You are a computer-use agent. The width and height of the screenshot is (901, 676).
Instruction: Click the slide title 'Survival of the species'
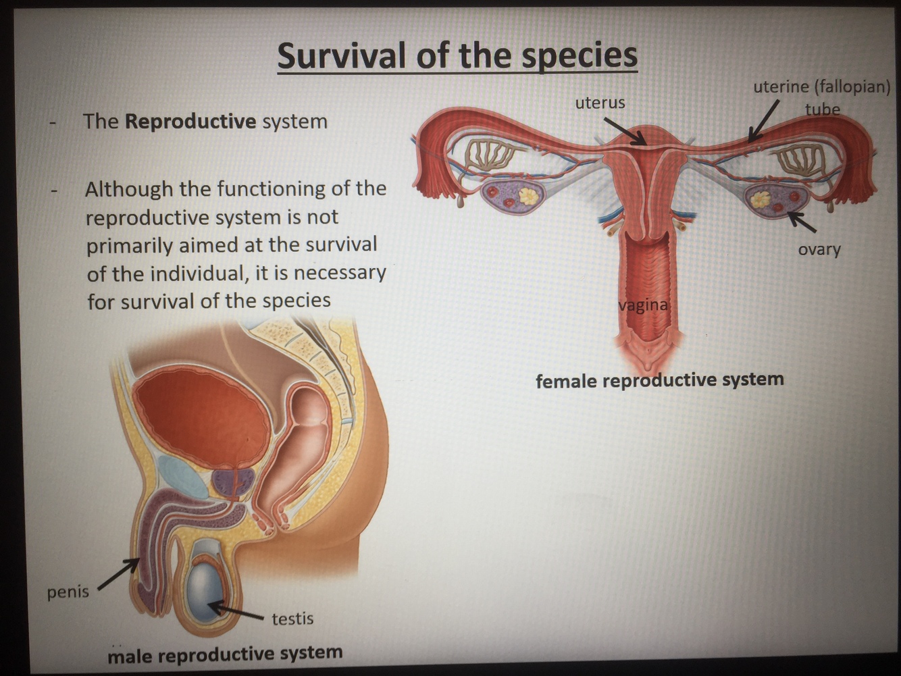coord(457,55)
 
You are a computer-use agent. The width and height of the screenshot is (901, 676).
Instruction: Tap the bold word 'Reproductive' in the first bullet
coord(190,122)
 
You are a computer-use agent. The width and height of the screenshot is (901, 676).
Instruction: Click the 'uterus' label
coord(600,103)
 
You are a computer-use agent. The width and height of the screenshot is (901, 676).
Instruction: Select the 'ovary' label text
coord(819,249)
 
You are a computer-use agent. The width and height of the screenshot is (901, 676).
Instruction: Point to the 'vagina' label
coord(643,305)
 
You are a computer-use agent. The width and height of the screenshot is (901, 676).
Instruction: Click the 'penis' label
coord(68,592)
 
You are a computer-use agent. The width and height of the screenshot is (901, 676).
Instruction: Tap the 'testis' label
coord(292,619)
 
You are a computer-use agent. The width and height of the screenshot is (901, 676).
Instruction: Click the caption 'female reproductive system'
coord(659,380)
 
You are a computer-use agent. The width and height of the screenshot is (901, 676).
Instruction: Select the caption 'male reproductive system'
coord(225,654)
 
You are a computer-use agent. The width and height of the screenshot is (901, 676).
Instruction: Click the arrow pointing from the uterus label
coord(624,131)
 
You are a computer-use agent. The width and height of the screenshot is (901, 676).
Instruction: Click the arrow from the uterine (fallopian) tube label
coord(765,121)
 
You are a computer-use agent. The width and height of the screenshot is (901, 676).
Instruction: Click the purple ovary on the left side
coord(511,197)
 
